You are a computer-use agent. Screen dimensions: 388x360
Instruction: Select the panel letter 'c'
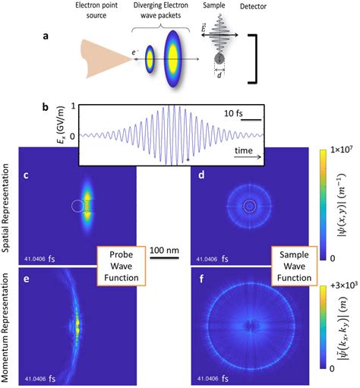click(26, 178)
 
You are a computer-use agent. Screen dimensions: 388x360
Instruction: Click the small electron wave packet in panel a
click(150, 56)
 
